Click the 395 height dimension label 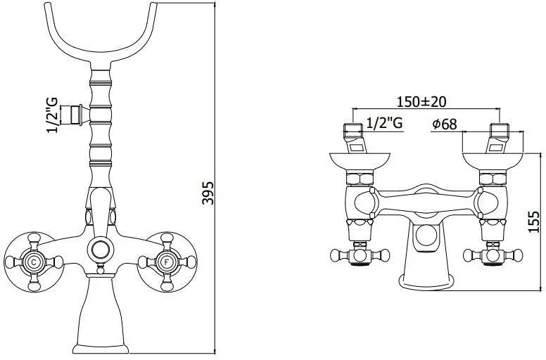[208, 193]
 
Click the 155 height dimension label [534, 221]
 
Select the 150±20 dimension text [421, 101]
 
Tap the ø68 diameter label [444, 124]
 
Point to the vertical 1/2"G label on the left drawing [52, 115]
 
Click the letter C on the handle [34, 262]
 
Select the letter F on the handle [167, 262]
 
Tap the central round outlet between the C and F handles [101, 250]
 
